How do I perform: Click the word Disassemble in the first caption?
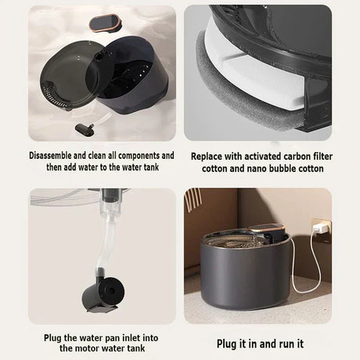tap(50, 156)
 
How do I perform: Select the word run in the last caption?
tap(286, 344)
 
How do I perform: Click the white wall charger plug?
tap(320, 229)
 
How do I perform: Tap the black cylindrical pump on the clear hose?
tap(103, 294)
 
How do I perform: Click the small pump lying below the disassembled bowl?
tap(85, 129)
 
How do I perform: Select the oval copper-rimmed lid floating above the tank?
tap(106, 24)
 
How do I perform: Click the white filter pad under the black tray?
tap(259, 73)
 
